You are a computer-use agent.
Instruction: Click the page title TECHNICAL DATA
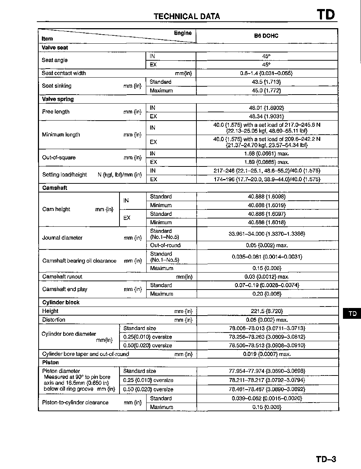pos(187,16)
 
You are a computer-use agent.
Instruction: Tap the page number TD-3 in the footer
pos(326,459)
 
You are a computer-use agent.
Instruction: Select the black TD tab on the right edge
pos(352,313)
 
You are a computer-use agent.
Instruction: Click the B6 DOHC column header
pos(266,36)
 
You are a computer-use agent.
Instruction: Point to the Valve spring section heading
pos(58,99)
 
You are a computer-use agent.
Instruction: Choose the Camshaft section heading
pos(55,188)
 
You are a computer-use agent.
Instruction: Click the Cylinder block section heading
pos(61,302)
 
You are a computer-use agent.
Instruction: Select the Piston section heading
pos(50,362)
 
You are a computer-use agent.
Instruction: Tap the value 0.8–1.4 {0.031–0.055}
pos(266,73)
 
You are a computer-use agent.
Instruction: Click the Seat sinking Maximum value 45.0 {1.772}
pos(266,91)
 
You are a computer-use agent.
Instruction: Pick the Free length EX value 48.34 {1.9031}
pos(266,116)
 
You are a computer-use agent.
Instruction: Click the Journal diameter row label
pos(62,238)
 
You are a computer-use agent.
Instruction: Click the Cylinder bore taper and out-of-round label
pos(85,354)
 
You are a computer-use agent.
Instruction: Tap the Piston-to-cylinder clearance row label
pos(75,403)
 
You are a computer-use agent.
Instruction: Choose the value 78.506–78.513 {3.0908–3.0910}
pos(267,346)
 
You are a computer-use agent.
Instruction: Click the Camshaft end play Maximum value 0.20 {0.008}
pos(267,294)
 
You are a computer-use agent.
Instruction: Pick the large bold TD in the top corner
pos(326,15)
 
